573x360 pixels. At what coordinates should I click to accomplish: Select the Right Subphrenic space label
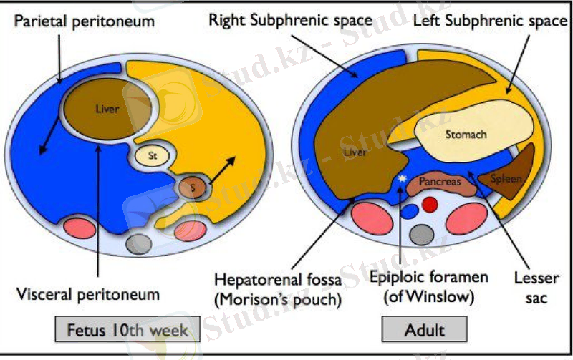(x=290, y=19)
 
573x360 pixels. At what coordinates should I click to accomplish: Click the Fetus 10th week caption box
(x=127, y=331)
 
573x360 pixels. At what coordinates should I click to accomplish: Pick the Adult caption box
(x=425, y=331)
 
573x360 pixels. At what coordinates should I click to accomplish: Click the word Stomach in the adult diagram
(x=466, y=134)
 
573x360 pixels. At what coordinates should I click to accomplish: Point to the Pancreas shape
(x=440, y=184)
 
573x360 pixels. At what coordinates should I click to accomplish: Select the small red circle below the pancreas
(x=430, y=205)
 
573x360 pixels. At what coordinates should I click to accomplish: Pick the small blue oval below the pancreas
(x=409, y=212)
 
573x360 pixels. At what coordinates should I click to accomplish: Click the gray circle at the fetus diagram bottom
(x=138, y=243)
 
